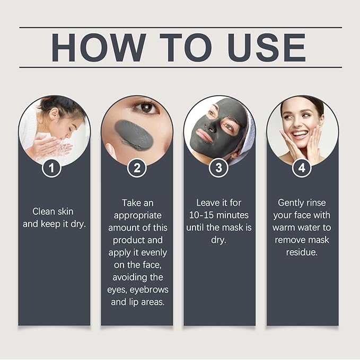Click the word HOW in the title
[99, 48]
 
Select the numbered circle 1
[51, 168]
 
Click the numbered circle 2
[137, 168]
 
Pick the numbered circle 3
[218, 168]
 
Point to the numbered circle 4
[302, 168]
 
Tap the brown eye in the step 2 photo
[146, 108]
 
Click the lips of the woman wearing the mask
[204, 136]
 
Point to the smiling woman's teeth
[300, 134]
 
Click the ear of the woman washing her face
[55, 113]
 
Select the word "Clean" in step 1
[42, 212]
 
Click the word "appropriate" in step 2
[137, 216]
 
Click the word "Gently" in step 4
[288, 203]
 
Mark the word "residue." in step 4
[302, 252]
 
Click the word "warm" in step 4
[284, 228]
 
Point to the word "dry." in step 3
[218, 240]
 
